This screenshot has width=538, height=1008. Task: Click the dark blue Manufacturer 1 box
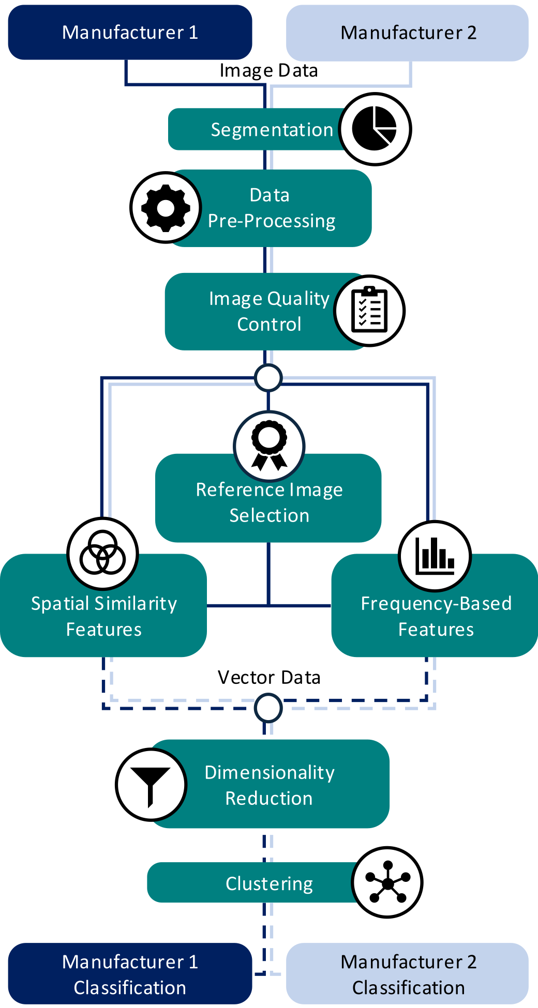click(130, 33)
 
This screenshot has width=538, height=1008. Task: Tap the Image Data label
click(268, 71)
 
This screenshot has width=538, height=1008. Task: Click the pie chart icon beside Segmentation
click(375, 129)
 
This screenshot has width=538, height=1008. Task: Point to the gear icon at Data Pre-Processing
click(166, 208)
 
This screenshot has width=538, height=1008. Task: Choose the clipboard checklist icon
click(369, 311)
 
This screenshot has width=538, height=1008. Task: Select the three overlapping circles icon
click(103, 554)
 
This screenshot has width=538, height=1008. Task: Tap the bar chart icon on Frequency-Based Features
click(435, 556)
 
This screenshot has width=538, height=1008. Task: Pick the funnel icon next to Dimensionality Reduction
click(151, 785)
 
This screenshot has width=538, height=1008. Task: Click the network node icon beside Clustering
click(387, 882)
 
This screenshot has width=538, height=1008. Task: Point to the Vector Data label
click(269, 678)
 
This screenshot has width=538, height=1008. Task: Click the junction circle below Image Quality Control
click(268, 377)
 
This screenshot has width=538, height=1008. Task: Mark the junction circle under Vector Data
click(268, 708)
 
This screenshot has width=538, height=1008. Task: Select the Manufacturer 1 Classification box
click(130, 974)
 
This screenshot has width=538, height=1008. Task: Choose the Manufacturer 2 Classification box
click(408, 974)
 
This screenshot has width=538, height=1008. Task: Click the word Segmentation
click(272, 130)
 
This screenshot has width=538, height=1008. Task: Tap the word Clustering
click(269, 884)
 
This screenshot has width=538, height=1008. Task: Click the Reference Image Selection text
click(269, 502)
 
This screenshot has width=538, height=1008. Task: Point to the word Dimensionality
click(270, 772)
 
